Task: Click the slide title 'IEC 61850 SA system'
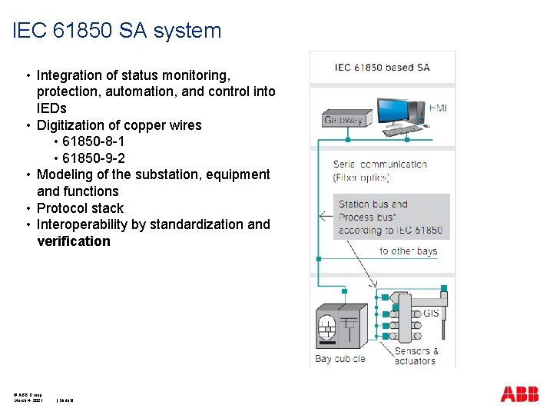118,31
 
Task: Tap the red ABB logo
519,394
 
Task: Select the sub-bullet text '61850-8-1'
94,141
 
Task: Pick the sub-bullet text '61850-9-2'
94,158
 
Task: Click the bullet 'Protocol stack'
80,208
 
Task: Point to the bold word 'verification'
74,241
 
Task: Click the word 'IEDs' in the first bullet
51,108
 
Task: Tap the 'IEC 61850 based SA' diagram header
382,67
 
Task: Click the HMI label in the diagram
438,108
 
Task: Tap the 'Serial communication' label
379,164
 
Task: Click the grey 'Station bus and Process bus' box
391,217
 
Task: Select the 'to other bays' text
408,251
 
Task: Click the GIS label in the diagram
431,314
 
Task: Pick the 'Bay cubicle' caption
339,358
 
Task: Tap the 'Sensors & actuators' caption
416,356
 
